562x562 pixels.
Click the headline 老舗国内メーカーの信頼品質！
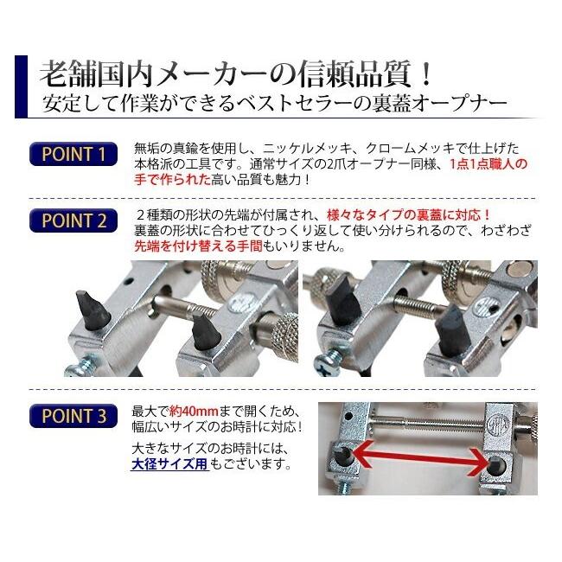click(233, 71)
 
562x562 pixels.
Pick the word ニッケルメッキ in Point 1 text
click(299, 148)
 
